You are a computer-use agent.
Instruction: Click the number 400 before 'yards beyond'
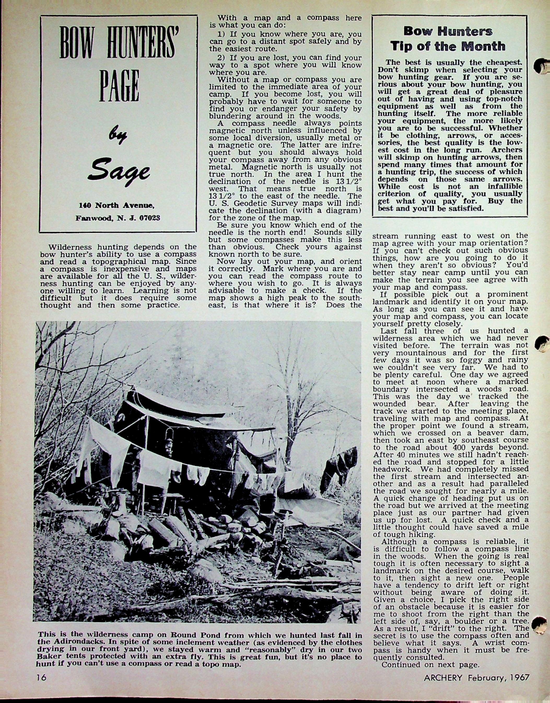coord(459,447)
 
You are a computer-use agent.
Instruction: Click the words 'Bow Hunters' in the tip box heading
coord(448,32)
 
